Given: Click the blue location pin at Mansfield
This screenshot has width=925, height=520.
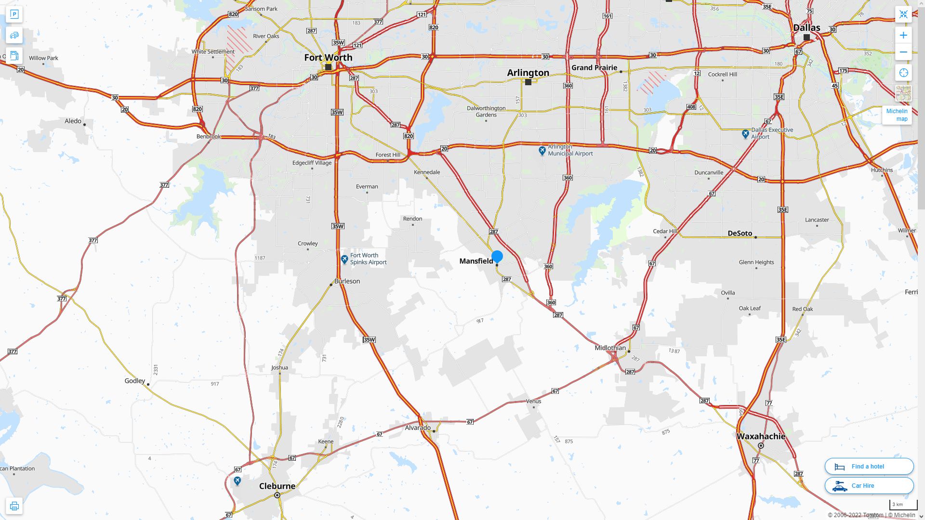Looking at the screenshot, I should coord(497,257).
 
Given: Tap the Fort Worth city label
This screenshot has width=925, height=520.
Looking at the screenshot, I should coord(328,57).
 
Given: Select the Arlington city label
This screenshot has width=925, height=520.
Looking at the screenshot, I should coord(528,73).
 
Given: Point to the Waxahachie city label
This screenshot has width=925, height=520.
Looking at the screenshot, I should coord(761,436).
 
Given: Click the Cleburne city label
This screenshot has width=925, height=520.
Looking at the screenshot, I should coord(277,486).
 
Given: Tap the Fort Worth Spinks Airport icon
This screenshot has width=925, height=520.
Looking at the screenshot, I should coord(344,260).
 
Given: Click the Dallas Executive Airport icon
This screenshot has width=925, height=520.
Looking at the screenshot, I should coord(745,134).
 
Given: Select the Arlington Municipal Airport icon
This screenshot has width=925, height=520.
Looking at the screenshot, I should coord(542,151).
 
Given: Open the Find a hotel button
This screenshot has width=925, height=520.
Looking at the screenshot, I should coord(869,466).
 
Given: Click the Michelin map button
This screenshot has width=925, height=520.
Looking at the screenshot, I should coord(897,115).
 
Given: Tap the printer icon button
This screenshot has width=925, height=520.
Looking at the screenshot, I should coord(14,506).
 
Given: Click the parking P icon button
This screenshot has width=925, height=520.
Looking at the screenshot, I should coord(14,14).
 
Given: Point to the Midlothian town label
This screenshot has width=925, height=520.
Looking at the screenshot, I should coord(610,348).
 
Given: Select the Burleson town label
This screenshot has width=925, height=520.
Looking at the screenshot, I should coord(347,281).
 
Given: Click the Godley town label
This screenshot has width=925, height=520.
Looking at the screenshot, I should coord(135,381).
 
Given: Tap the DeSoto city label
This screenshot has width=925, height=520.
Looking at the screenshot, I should coord(740,234).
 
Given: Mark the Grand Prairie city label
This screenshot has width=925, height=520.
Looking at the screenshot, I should coord(594,67).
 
